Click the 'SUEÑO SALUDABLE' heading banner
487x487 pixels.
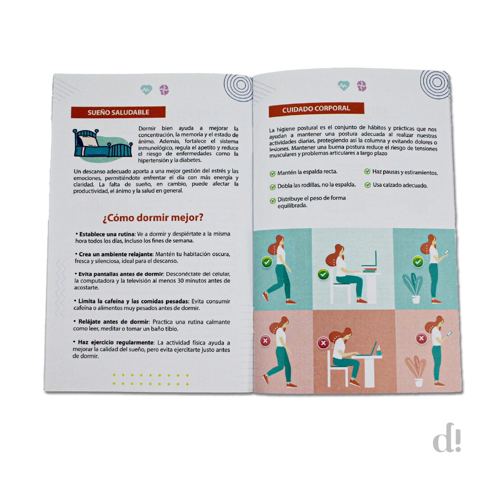118,112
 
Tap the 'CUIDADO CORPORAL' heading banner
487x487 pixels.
316,109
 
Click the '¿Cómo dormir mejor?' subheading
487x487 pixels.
153,218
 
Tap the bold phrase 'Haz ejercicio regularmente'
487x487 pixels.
115,342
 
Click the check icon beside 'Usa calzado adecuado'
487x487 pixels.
368,185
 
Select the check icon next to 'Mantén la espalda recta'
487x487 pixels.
272,173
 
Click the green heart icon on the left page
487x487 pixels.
146,90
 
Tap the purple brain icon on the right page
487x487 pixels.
362,86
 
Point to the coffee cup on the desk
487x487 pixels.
379,351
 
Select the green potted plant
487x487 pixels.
413,288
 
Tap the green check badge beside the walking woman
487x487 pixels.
267,262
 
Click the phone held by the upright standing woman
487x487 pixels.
447,252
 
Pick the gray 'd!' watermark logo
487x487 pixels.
446,437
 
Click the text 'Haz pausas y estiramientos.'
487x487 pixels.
405,172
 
